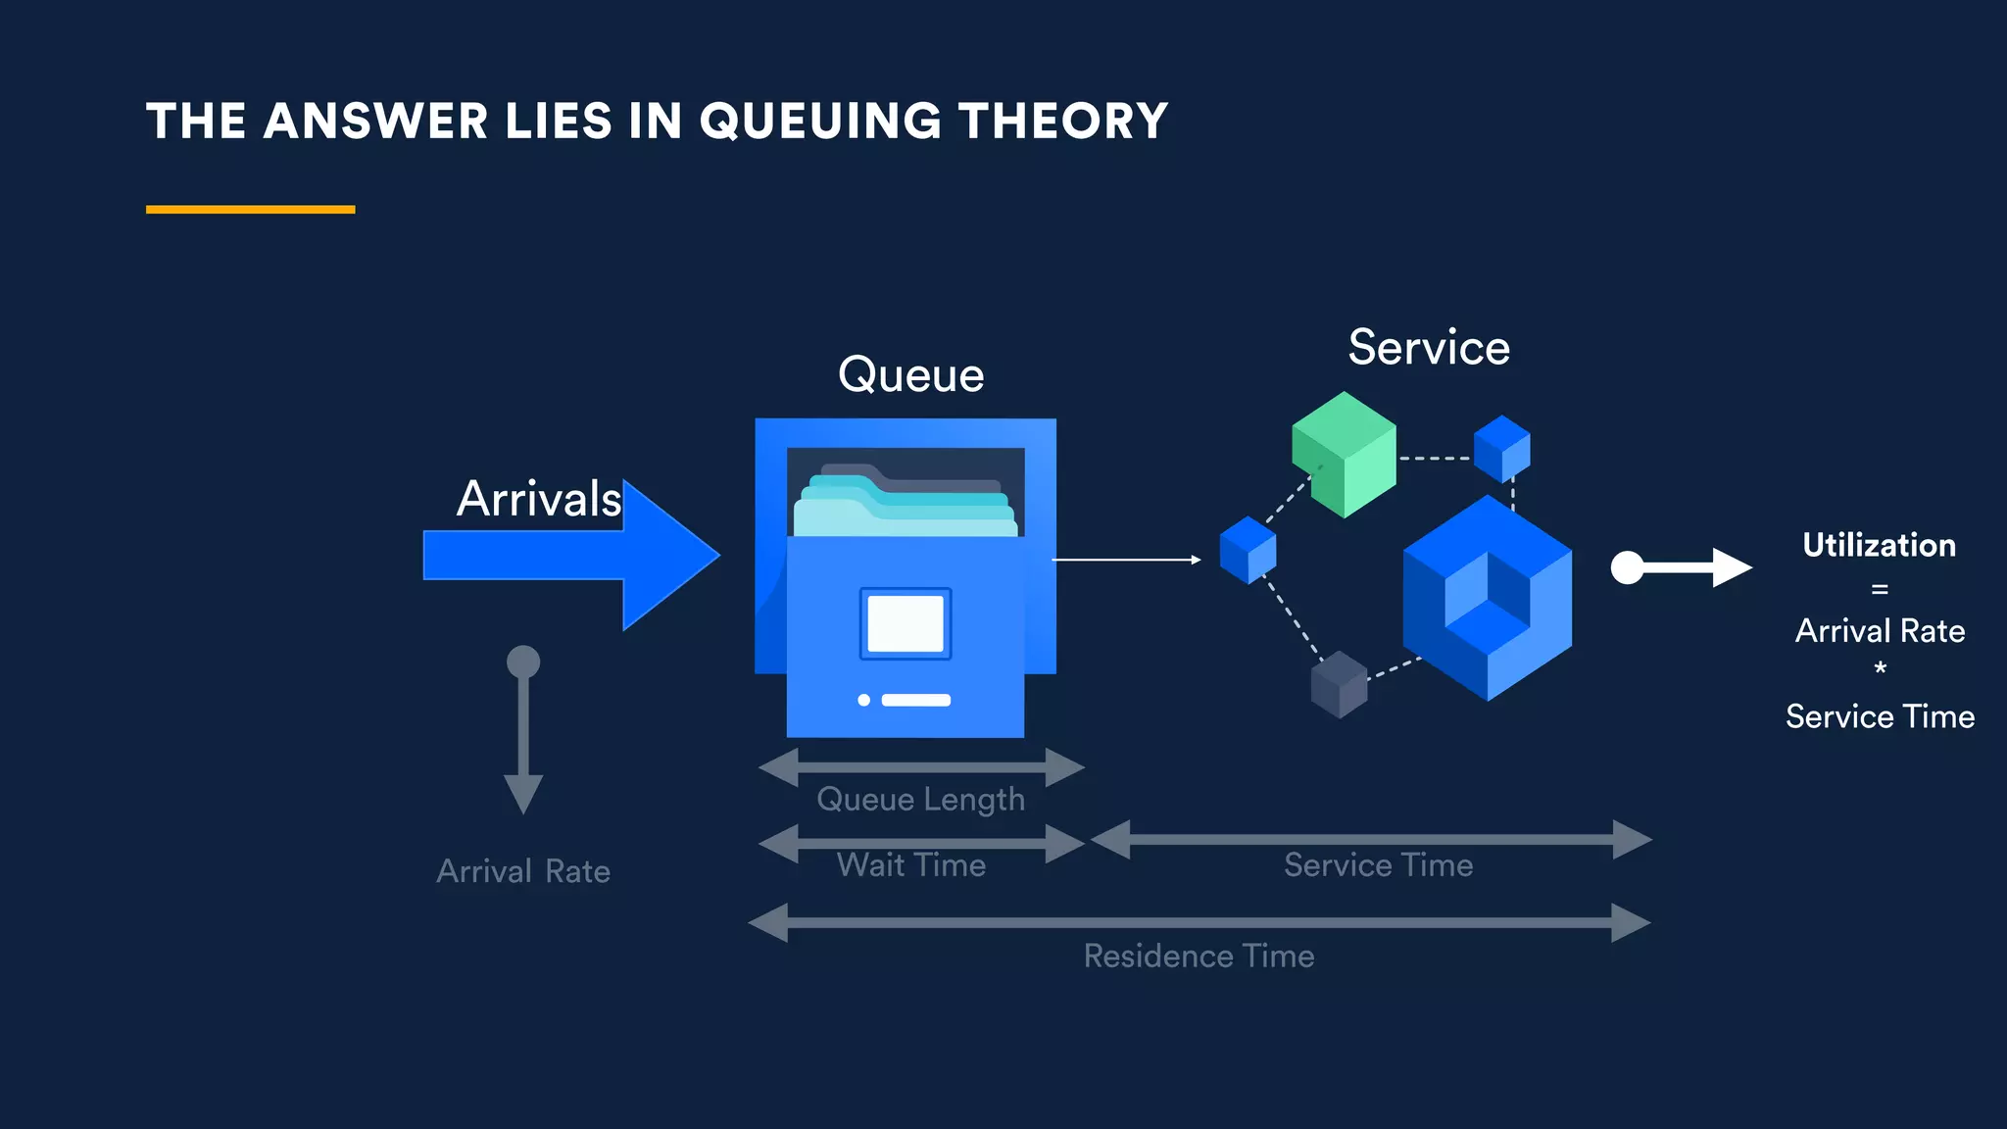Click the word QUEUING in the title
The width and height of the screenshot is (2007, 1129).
click(819, 122)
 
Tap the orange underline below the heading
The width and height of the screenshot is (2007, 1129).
click(250, 209)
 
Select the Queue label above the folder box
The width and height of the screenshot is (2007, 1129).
click(910, 375)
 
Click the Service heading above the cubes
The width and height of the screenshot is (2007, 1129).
click(1428, 348)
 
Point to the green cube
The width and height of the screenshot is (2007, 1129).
click(1344, 454)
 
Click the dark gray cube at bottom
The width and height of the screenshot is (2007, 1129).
click(1339, 684)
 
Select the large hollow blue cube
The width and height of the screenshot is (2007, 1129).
click(1487, 598)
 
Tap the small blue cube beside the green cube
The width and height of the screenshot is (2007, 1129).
click(1501, 448)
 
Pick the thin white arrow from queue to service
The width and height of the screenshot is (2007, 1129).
click(1125, 560)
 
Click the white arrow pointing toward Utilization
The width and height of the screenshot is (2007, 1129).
click(1682, 566)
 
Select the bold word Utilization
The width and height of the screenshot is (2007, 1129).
click(1879, 546)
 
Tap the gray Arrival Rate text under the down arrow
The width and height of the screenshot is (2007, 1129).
click(523, 871)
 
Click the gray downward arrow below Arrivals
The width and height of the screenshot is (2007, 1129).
click(523, 730)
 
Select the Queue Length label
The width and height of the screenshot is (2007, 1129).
click(920, 800)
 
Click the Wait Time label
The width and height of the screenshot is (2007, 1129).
click(910, 865)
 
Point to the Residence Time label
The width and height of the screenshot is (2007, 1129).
click(1199, 957)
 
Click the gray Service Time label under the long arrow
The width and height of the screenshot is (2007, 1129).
click(1378, 865)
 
